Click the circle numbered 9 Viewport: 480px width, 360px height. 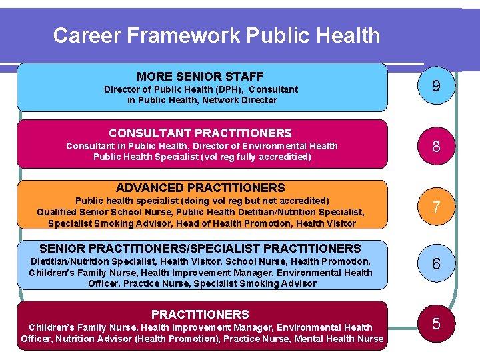[x=436, y=87]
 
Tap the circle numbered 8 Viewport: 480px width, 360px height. [x=436, y=146]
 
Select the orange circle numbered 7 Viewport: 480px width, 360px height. [x=436, y=207]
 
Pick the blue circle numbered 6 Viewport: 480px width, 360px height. [x=436, y=264]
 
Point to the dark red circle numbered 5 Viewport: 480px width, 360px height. [x=436, y=324]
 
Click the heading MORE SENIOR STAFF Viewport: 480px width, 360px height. [x=200, y=77]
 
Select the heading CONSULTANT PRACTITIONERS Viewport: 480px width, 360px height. [x=200, y=133]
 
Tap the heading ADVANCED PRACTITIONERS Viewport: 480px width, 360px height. [x=200, y=188]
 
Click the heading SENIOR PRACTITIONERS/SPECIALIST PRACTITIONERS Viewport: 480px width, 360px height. [x=200, y=248]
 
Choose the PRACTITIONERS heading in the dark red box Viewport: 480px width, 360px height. [x=200, y=314]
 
